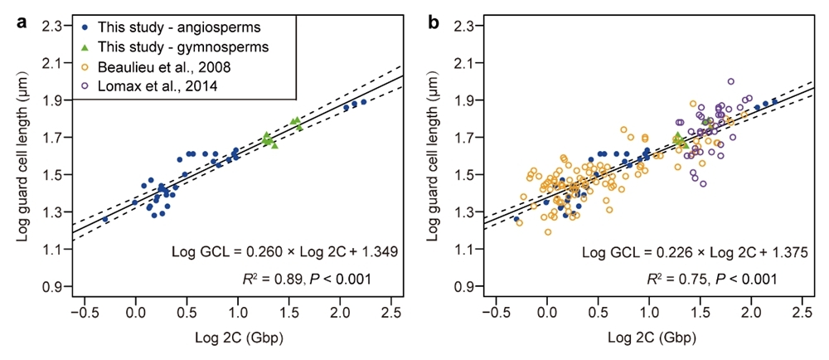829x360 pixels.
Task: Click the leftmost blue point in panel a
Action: pos(105,219)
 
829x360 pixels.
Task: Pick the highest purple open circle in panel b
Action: pos(730,81)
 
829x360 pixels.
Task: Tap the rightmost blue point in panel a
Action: pos(363,102)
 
